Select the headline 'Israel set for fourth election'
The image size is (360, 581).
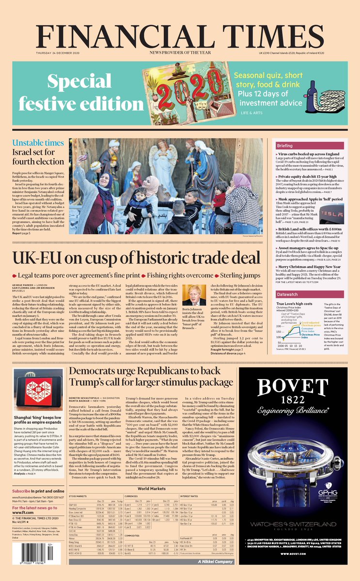[38, 158]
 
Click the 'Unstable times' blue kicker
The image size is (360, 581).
[38, 143]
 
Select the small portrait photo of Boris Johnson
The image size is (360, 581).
[194, 296]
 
